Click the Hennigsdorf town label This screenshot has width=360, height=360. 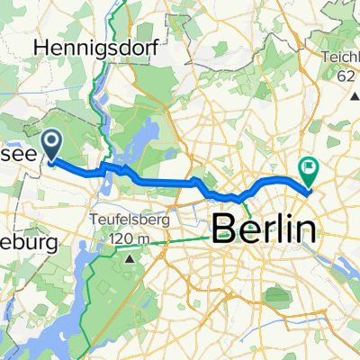pyautogui.click(x=85, y=47)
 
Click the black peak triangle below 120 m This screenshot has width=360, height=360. pyautogui.click(x=130, y=258)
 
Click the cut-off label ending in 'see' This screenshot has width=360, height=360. pyautogui.click(x=18, y=155)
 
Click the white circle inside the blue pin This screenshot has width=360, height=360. pyautogui.click(x=51, y=140)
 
